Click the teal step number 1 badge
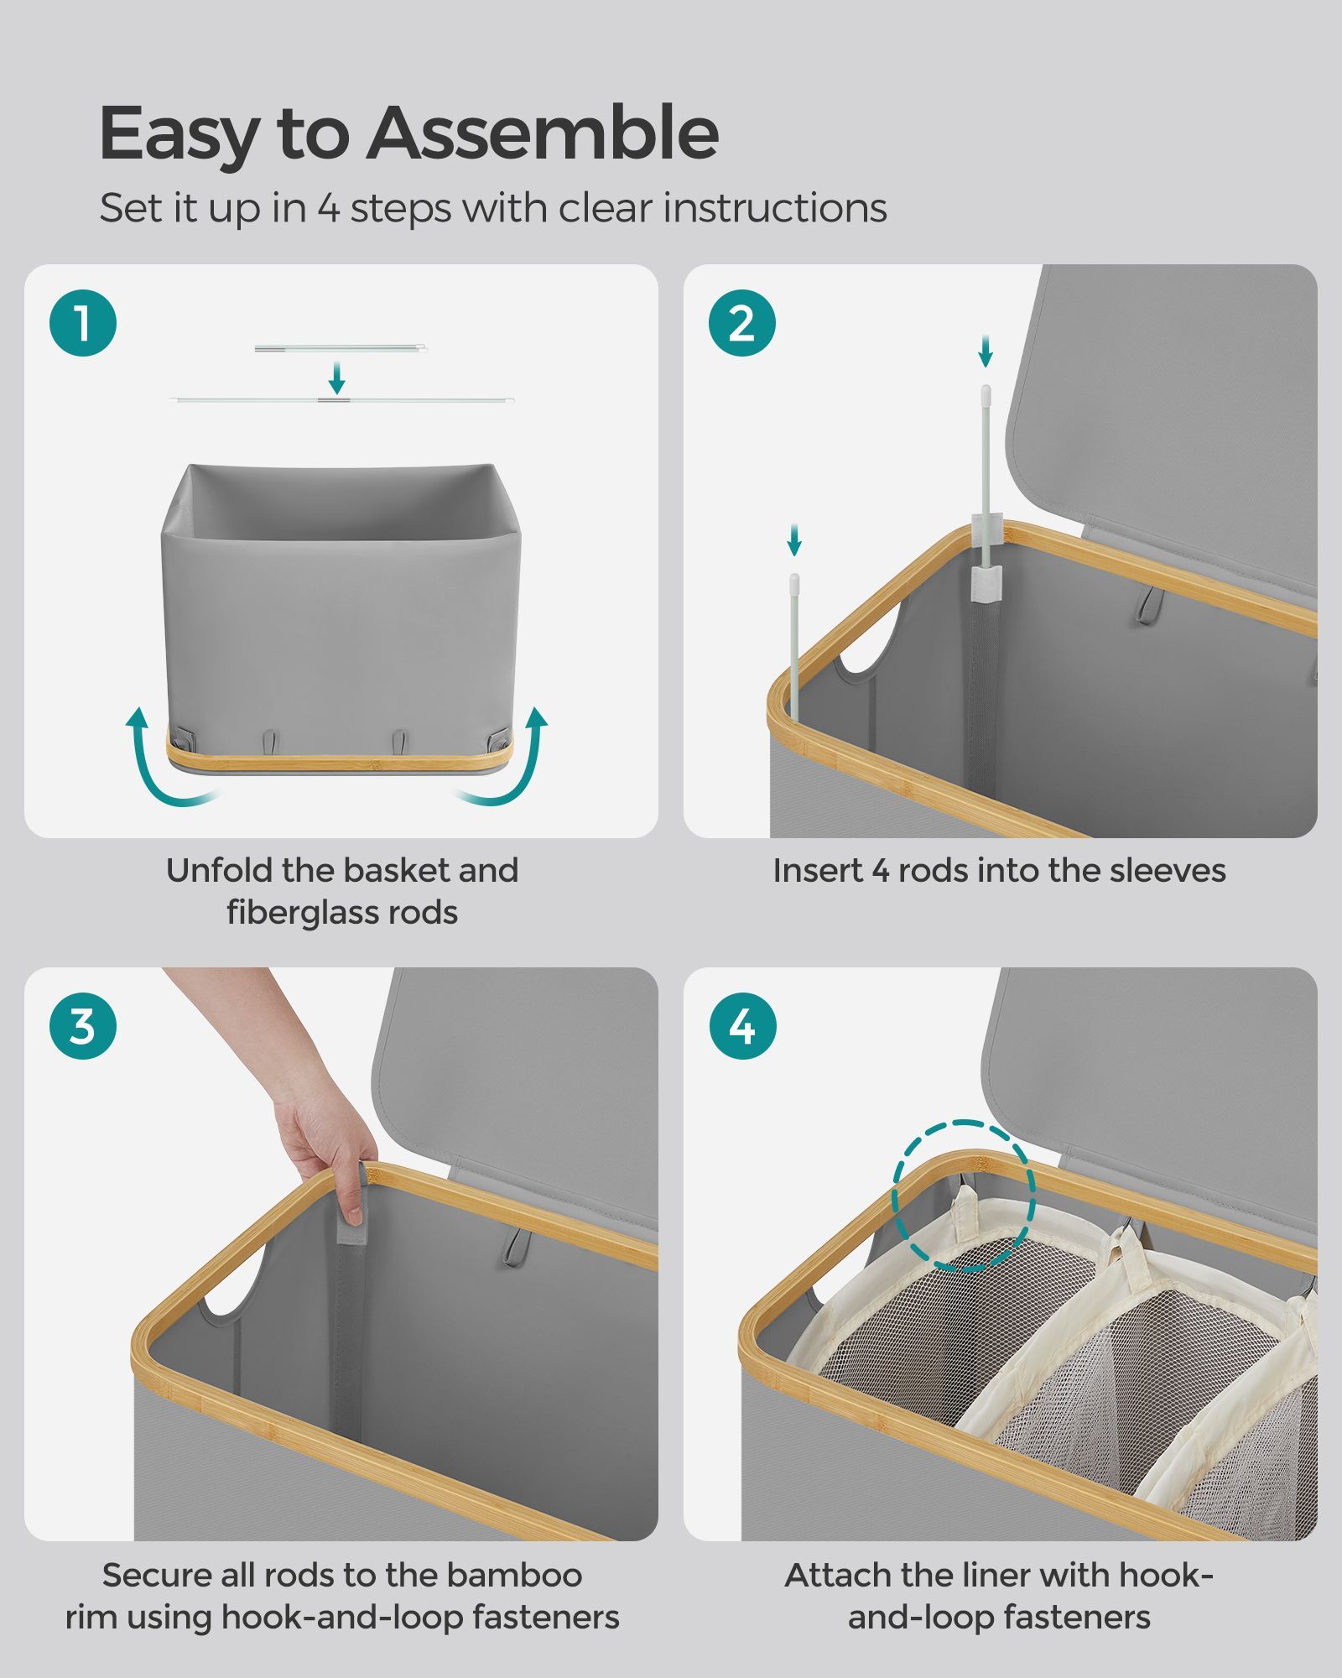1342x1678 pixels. [x=83, y=323]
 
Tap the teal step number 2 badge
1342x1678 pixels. [x=742, y=323]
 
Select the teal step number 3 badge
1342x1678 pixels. [x=83, y=1026]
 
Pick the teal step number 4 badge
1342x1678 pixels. [x=742, y=1026]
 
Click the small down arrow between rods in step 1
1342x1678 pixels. [x=336, y=378]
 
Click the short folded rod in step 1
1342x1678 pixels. [x=341, y=348]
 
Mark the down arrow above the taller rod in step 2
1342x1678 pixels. [x=986, y=351]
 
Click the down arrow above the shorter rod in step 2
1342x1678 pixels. [x=794, y=540]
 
